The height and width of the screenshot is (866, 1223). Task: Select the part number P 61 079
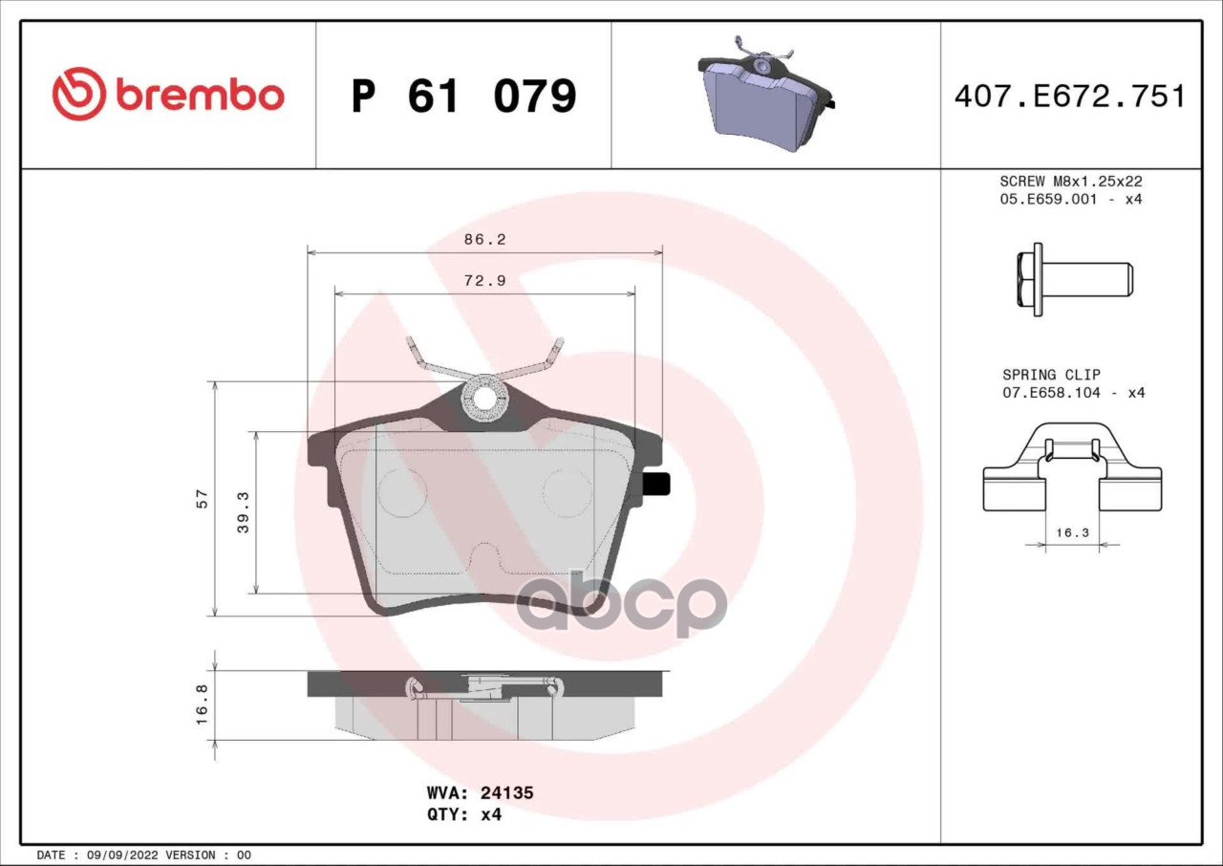click(x=464, y=97)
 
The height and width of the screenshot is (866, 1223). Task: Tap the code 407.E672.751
click(x=1070, y=97)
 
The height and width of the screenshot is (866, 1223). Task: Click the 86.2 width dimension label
click(x=484, y=239)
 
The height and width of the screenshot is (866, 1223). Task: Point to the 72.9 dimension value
click(x=484, y=281)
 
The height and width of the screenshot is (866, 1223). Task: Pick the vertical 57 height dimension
click(x=202, y=499)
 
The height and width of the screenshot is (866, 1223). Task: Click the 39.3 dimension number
click(x=243, y=512)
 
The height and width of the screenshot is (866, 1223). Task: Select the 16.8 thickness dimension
click(x=202, y=704)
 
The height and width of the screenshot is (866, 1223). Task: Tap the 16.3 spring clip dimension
click(x=1072, y=532)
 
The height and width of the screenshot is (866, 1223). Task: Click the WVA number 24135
click(x=506, y=792)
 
